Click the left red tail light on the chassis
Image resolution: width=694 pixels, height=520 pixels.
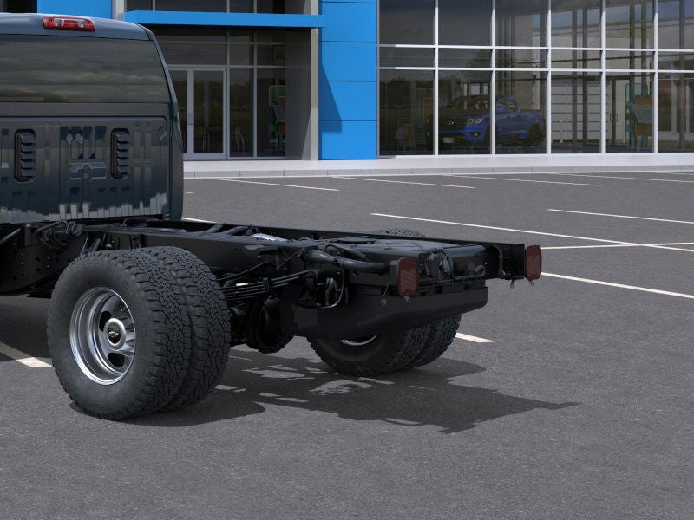[408, 276]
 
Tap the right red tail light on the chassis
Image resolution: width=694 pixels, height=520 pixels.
[533, 262]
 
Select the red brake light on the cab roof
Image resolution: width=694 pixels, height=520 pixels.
[69, 23]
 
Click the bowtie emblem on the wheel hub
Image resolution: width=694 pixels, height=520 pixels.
[114, 335]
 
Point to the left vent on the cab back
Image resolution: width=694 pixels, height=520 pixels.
[24, 155]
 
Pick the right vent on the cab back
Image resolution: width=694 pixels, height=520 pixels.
[120, 153]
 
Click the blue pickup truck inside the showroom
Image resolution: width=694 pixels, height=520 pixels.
[491, 120]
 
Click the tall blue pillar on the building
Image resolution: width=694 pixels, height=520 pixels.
[348, 80]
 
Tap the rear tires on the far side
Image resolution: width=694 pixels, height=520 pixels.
[390, 347]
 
